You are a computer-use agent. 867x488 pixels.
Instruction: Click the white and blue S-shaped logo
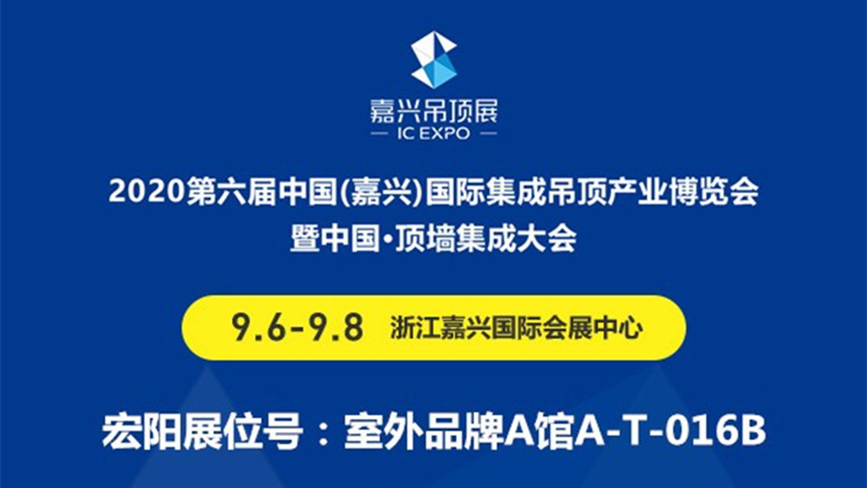(x=434, y=60)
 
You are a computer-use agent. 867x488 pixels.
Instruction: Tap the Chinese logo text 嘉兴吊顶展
(x=434, y=111)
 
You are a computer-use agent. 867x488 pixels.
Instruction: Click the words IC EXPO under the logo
(x=434, y=134)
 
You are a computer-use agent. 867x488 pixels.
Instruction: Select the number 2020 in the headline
(x=146, y=192)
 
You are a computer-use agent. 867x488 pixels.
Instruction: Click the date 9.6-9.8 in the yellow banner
(x=297, y=327)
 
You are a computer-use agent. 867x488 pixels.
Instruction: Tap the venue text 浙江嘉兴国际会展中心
(x=517, y=327)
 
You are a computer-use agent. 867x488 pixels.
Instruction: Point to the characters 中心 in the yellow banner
(x=618, y=327)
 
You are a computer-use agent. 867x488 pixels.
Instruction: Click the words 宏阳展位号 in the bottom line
(x=202, y=432)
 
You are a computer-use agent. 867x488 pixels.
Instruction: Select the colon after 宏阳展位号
(x=325, y=434)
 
